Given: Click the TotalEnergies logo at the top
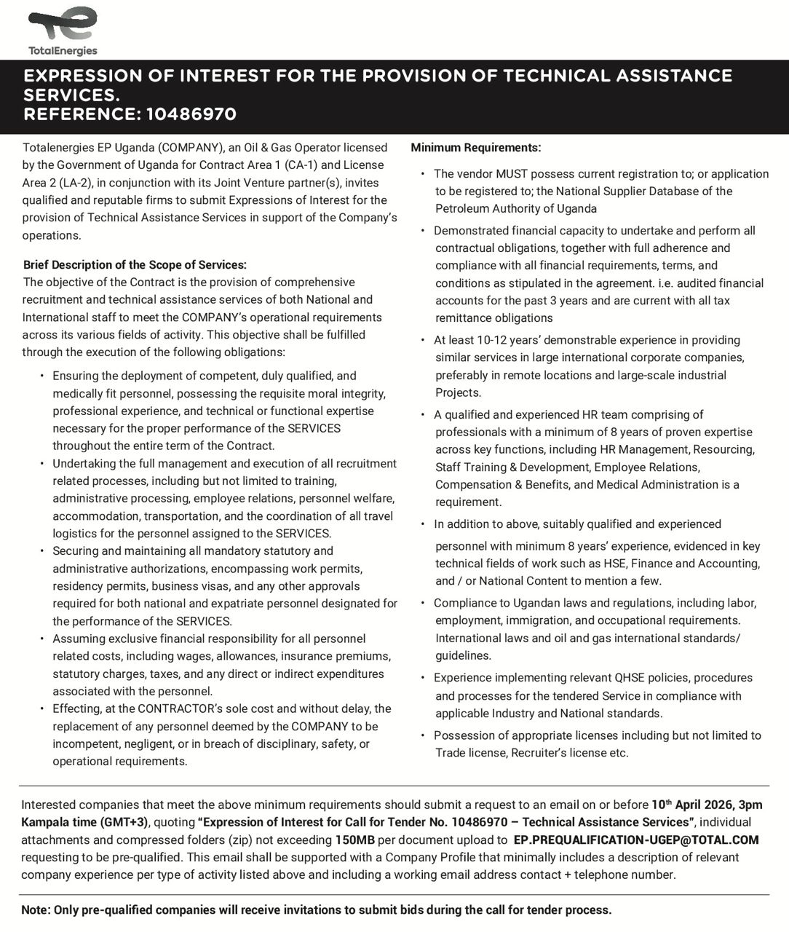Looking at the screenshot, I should coord(63,30).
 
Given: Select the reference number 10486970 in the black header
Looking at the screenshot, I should coord(191,114).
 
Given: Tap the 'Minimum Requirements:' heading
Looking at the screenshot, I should coord(476,148).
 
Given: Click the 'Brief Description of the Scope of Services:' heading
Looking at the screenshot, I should coord(135,265).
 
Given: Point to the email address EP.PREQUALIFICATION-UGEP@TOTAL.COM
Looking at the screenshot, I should coord(635,840).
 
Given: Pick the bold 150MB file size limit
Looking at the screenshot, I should coord(354,840).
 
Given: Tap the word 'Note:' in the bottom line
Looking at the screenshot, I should coord(36,909).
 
